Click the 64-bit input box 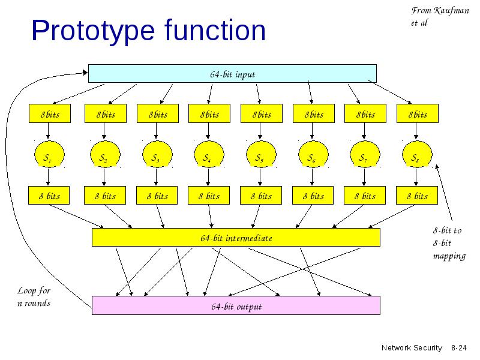(x=232, y=73)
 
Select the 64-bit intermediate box (x=236, y=237)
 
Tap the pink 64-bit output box (x=236, y=305)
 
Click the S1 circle (x=49, y=154)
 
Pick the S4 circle (x=209, y=154)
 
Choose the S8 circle (x=417, y=154)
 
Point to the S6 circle (x=313, y=154)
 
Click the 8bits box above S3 (x=158, y=113)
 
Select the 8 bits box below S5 (x=261, y=196)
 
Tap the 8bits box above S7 (x=365, y=113)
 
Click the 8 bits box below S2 (x=105, y=196)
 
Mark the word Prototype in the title (x=93, y=31)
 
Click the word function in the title (x=215, y=30)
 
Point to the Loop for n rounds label (x=34, y=296)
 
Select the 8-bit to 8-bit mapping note (x=449, y=244)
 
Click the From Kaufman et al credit (x=440, y=17)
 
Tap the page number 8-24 (x=459, y=348)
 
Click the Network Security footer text (x=412, y=348)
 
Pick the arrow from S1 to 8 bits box (x=48, y=176)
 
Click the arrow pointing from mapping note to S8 (x=444, y=193)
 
